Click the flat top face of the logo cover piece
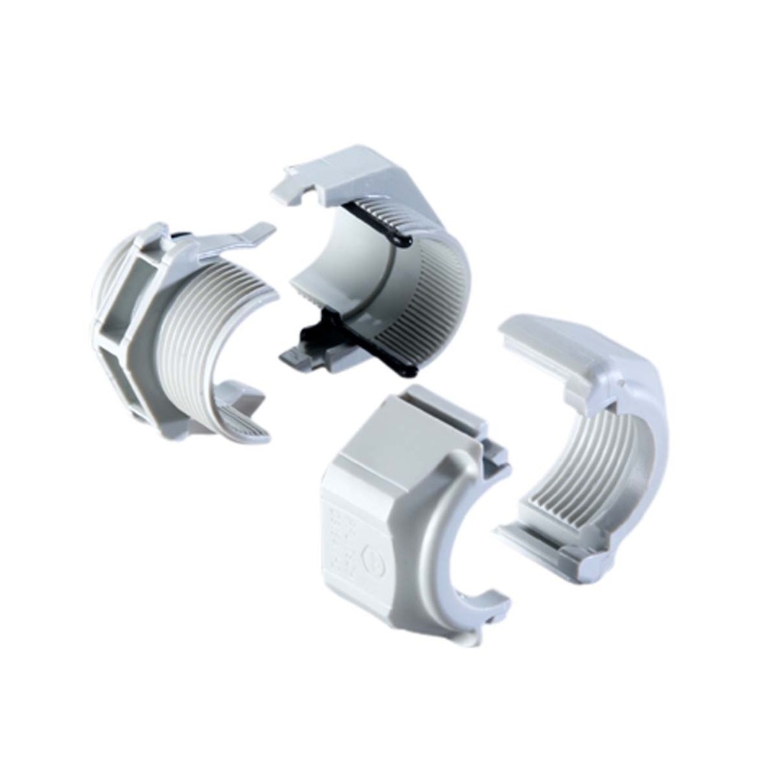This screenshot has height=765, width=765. [390, 436]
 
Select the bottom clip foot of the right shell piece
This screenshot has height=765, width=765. [581, 570]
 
